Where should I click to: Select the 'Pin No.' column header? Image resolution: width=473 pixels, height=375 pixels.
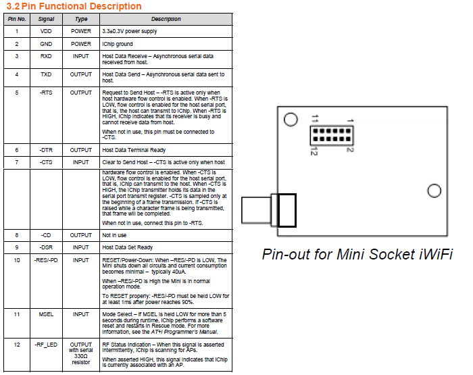click(x=16, y=19)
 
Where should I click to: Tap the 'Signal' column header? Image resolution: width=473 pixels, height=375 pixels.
click(x=47, y=19)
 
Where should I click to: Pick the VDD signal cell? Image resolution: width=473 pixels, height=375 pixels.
click(x=46, y=31)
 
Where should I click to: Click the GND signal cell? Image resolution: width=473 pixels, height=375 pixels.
click(x=46, y=44)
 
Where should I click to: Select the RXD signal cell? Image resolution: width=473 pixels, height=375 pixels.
click(x=46, y=57)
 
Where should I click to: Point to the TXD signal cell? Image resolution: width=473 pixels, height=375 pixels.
click(x=46, y=74)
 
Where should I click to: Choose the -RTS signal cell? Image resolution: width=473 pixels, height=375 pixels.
click(x=46, y=92)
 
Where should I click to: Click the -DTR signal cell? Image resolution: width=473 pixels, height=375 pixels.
click(x=46, y=150)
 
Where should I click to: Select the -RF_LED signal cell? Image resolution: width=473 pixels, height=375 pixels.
click(x=46, y=345)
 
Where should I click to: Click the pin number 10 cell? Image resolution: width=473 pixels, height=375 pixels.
click(x=16, y=260)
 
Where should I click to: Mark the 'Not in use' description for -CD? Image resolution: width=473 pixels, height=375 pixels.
click(x=114, y=234)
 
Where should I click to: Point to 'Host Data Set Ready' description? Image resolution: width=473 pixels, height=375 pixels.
click(x=128, y=247)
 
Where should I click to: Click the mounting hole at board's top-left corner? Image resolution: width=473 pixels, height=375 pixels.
click(x=291, y=120)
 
